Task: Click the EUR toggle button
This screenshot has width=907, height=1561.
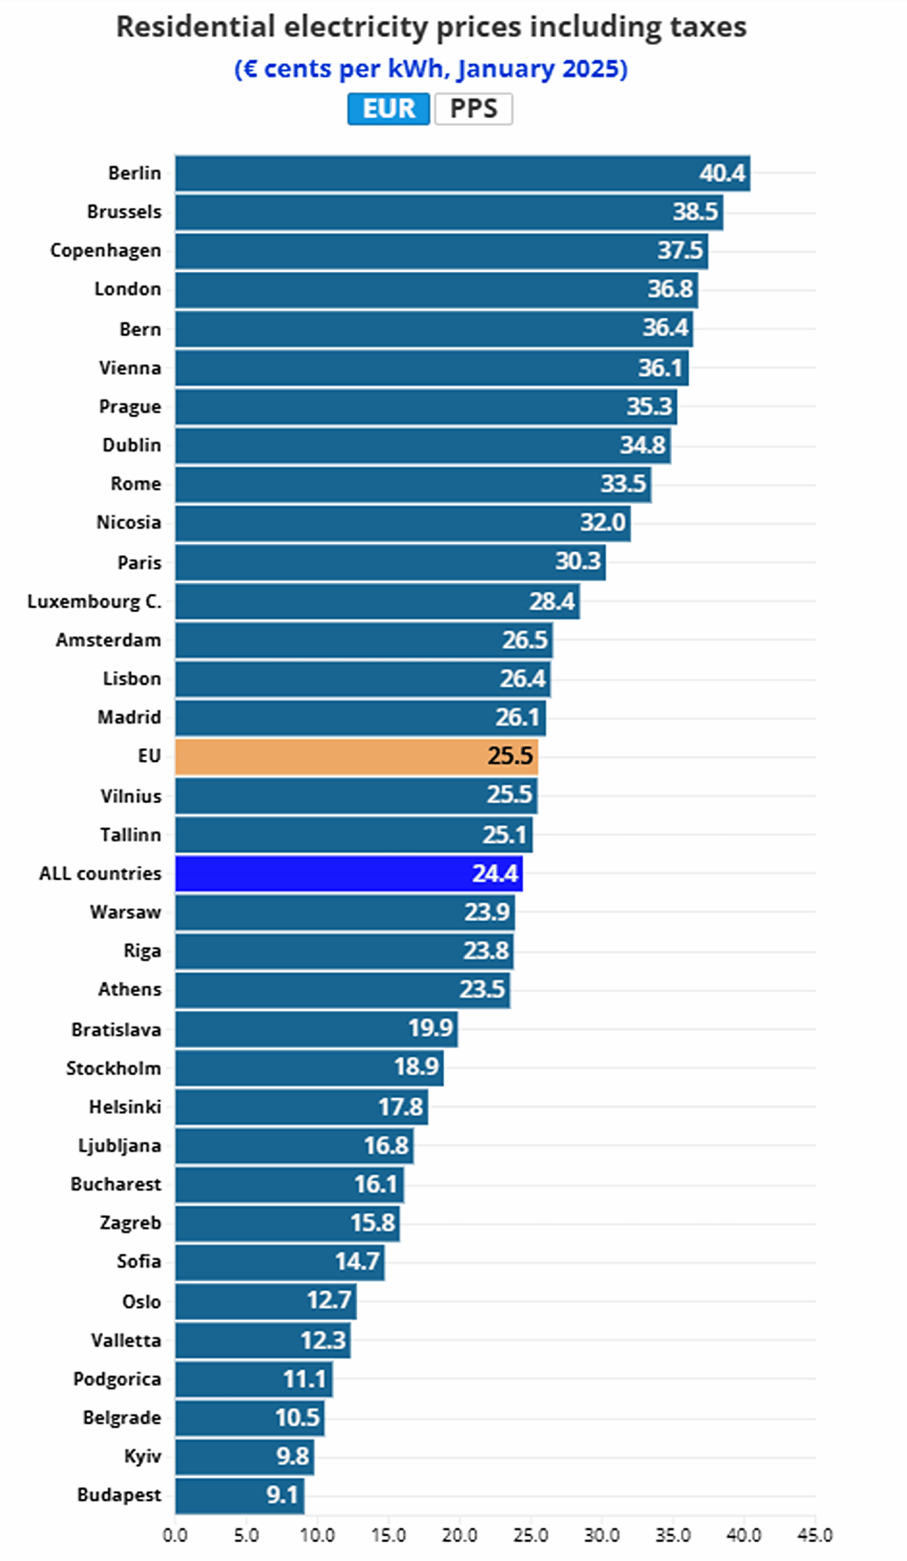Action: [388, 109]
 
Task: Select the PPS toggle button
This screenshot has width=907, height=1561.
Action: [473, 109]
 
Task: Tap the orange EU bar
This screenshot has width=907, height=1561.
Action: [356, 756]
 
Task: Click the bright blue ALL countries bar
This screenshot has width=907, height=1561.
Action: [348, 873]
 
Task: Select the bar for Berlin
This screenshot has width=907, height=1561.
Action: [462, 173]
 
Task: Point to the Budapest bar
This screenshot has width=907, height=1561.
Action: [240, 1495]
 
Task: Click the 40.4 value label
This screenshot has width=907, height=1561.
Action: [722, 173]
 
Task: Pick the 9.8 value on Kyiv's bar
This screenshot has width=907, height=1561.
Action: [292, 1456]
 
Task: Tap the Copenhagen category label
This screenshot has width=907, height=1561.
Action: [106, 251]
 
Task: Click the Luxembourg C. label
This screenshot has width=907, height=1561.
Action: [94, 601]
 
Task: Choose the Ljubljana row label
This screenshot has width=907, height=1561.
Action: [120, 1145]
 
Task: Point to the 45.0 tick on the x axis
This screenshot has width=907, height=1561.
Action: [815, 1535]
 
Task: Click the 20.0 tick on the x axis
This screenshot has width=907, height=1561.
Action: [459, 1535]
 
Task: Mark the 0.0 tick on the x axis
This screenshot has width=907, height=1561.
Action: [174, 1535]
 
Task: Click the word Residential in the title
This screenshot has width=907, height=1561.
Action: [195, 27]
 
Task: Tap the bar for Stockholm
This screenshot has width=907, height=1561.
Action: [309, 1068]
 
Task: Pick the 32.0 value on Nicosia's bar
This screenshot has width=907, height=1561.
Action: [602, 523]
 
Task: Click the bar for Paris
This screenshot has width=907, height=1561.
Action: [390, 562]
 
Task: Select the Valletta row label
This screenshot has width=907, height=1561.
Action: [126, 1340]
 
